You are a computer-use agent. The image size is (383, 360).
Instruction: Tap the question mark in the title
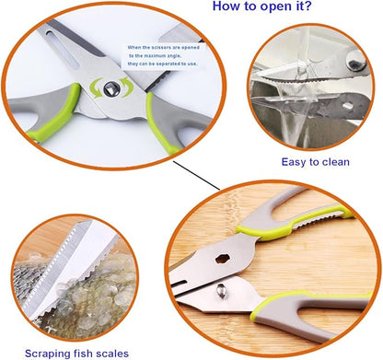click(307, 7)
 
